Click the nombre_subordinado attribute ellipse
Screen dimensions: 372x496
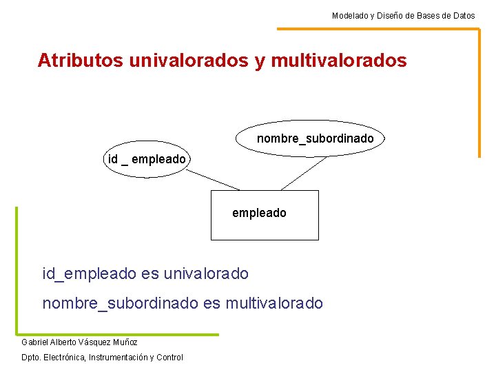point(310,138)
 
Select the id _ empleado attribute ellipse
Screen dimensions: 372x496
point(147,160)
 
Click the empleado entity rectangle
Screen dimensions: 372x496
point(264,214)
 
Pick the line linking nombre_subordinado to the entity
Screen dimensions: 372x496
point(304,172)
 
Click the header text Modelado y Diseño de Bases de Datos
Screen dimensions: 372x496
point(403,15)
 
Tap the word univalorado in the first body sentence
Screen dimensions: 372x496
point(205,273)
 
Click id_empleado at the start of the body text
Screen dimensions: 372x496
point(90,273)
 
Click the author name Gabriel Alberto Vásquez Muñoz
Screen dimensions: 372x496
point(79,342)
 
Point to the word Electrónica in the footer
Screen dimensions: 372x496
point(66,358)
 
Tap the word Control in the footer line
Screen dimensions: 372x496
point(169,358)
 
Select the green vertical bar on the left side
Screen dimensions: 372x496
point(17,269)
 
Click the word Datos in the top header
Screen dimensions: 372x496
point(463,15)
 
